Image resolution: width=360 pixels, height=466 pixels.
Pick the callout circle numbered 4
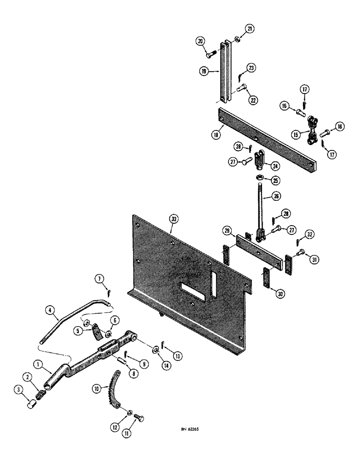[x=49, y=310]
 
